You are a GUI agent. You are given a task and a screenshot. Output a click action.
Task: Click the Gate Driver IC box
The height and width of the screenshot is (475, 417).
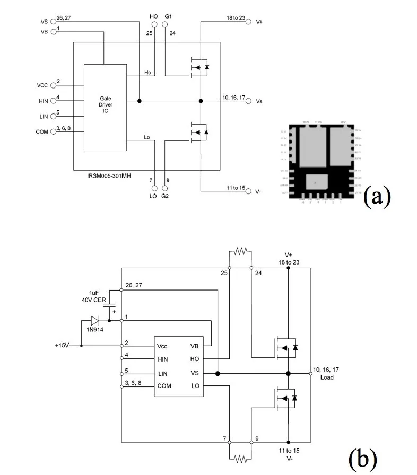click(x=105, y=107)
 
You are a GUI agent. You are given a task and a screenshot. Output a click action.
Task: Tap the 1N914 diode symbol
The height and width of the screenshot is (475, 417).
click(x=95, y=320)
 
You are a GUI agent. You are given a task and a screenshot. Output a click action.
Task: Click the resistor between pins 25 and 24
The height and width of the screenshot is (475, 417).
click(x=240, y=251)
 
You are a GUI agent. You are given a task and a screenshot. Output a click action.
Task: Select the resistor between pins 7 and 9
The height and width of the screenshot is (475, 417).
click(x=240, y=458)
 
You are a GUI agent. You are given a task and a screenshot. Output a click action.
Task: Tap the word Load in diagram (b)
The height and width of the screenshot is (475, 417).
click(x=326, y=377)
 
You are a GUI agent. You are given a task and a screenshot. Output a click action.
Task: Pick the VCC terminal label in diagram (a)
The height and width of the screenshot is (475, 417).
click(x=43, y=85)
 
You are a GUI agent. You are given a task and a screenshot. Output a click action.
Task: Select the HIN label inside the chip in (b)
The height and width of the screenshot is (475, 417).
click(x=163, y=359)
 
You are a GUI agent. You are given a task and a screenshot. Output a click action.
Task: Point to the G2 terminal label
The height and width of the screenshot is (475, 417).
click(x=165, y=196)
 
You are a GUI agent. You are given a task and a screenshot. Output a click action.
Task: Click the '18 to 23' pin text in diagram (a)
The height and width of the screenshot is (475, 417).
click(x=236, y=18)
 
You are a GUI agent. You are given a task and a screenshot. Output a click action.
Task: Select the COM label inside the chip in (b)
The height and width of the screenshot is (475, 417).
click(x=164, y=386)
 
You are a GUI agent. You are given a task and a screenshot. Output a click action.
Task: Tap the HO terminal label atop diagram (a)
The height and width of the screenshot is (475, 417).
click(x=154, y=17)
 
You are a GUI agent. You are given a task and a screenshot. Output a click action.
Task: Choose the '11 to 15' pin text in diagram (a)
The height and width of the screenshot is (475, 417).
click(x=236, y=187)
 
